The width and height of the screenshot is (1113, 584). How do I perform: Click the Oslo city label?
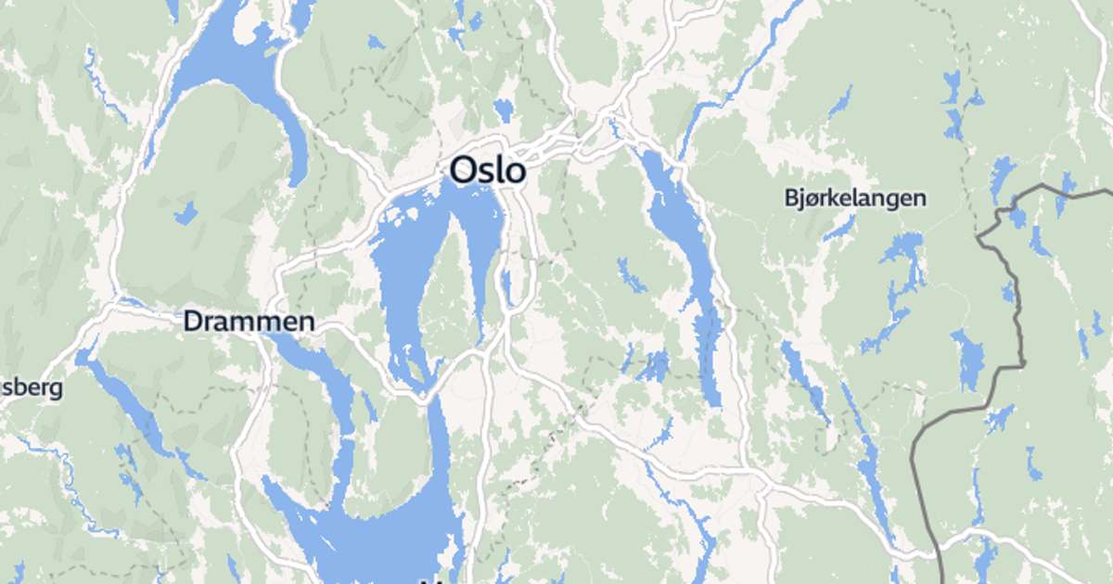point(488,170)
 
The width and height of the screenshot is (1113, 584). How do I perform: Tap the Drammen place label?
point(249,322)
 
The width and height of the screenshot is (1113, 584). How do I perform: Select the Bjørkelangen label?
point(854,197)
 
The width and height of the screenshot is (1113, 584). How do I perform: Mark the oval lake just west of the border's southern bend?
point(969,362)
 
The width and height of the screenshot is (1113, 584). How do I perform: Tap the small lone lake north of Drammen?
point(186,213)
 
